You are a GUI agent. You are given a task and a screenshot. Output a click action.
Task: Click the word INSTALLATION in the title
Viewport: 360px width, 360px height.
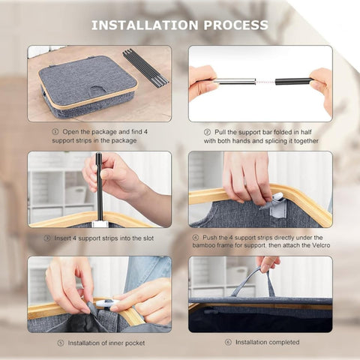145,25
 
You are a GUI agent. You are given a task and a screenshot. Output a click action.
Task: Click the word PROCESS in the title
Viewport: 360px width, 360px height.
236,25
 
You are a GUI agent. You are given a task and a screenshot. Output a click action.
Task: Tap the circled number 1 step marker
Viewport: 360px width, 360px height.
55,131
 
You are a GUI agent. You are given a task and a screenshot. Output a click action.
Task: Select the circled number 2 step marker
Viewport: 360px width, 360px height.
207,132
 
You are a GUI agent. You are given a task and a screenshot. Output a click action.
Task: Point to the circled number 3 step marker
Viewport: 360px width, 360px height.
47,238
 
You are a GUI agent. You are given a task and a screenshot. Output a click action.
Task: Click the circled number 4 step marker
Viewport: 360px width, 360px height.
196,238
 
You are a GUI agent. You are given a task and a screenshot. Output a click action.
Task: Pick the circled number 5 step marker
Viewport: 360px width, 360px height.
61,343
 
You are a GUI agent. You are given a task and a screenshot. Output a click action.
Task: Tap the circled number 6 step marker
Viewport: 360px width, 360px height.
228,342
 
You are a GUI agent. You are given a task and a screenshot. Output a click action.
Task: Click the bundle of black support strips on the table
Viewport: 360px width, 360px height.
145,68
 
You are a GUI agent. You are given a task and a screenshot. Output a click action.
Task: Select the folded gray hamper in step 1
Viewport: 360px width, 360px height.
88,86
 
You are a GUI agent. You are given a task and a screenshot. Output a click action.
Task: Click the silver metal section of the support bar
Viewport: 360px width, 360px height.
235,81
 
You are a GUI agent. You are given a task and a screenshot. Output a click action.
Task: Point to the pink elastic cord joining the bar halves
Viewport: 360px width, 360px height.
265,82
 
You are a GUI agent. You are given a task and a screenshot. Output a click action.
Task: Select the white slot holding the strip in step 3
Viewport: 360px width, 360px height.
100,223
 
